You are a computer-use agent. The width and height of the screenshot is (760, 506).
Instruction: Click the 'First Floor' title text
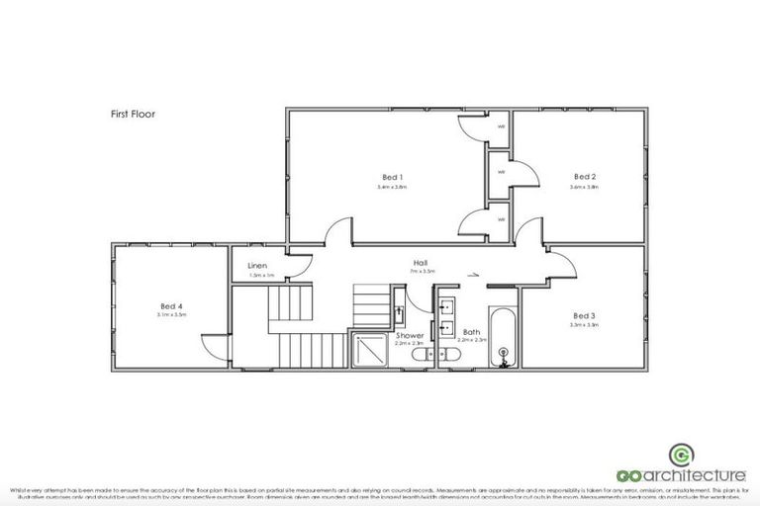pos(132,114)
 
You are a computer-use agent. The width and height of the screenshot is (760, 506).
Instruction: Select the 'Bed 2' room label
pos(585,177)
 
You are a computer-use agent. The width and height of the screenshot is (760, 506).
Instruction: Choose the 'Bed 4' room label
pos(170,305)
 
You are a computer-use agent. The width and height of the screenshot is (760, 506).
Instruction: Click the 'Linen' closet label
pos(257,266)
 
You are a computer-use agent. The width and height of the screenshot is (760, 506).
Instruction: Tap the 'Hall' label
pos(421,263)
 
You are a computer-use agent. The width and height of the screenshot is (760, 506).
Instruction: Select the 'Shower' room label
pos(410,336)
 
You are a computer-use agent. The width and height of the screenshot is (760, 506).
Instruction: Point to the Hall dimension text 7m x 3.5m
pos(421,272)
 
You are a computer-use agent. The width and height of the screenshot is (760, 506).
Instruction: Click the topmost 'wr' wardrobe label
pos(502,126)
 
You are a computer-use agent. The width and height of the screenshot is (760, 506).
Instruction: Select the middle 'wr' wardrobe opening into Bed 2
pos(502,172)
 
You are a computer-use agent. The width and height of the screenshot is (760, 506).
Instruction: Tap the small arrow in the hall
pos(474,276)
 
